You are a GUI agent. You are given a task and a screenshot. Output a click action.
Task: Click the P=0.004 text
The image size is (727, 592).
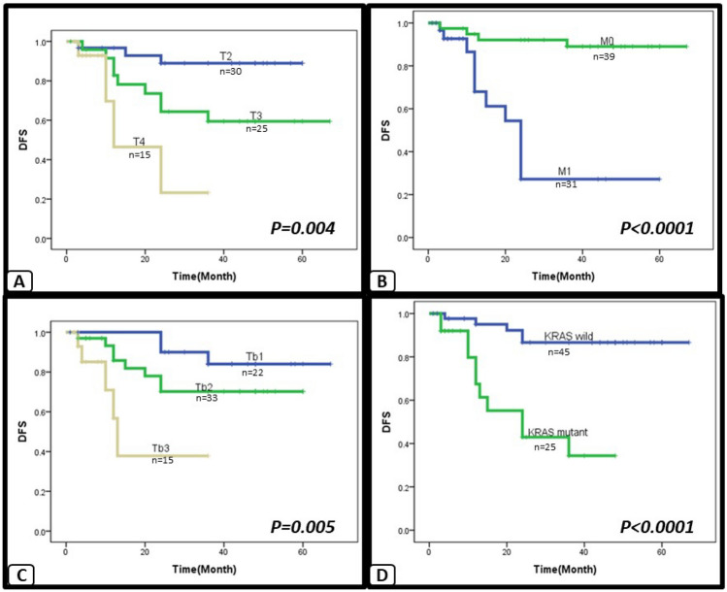pos(302,229)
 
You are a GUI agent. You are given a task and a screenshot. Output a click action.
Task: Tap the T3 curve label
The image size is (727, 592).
pos(256,114)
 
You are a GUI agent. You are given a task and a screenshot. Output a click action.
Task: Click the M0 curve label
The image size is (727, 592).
pos(607,42)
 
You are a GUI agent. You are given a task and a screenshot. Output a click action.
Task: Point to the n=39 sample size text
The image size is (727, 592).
pos(604,56)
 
